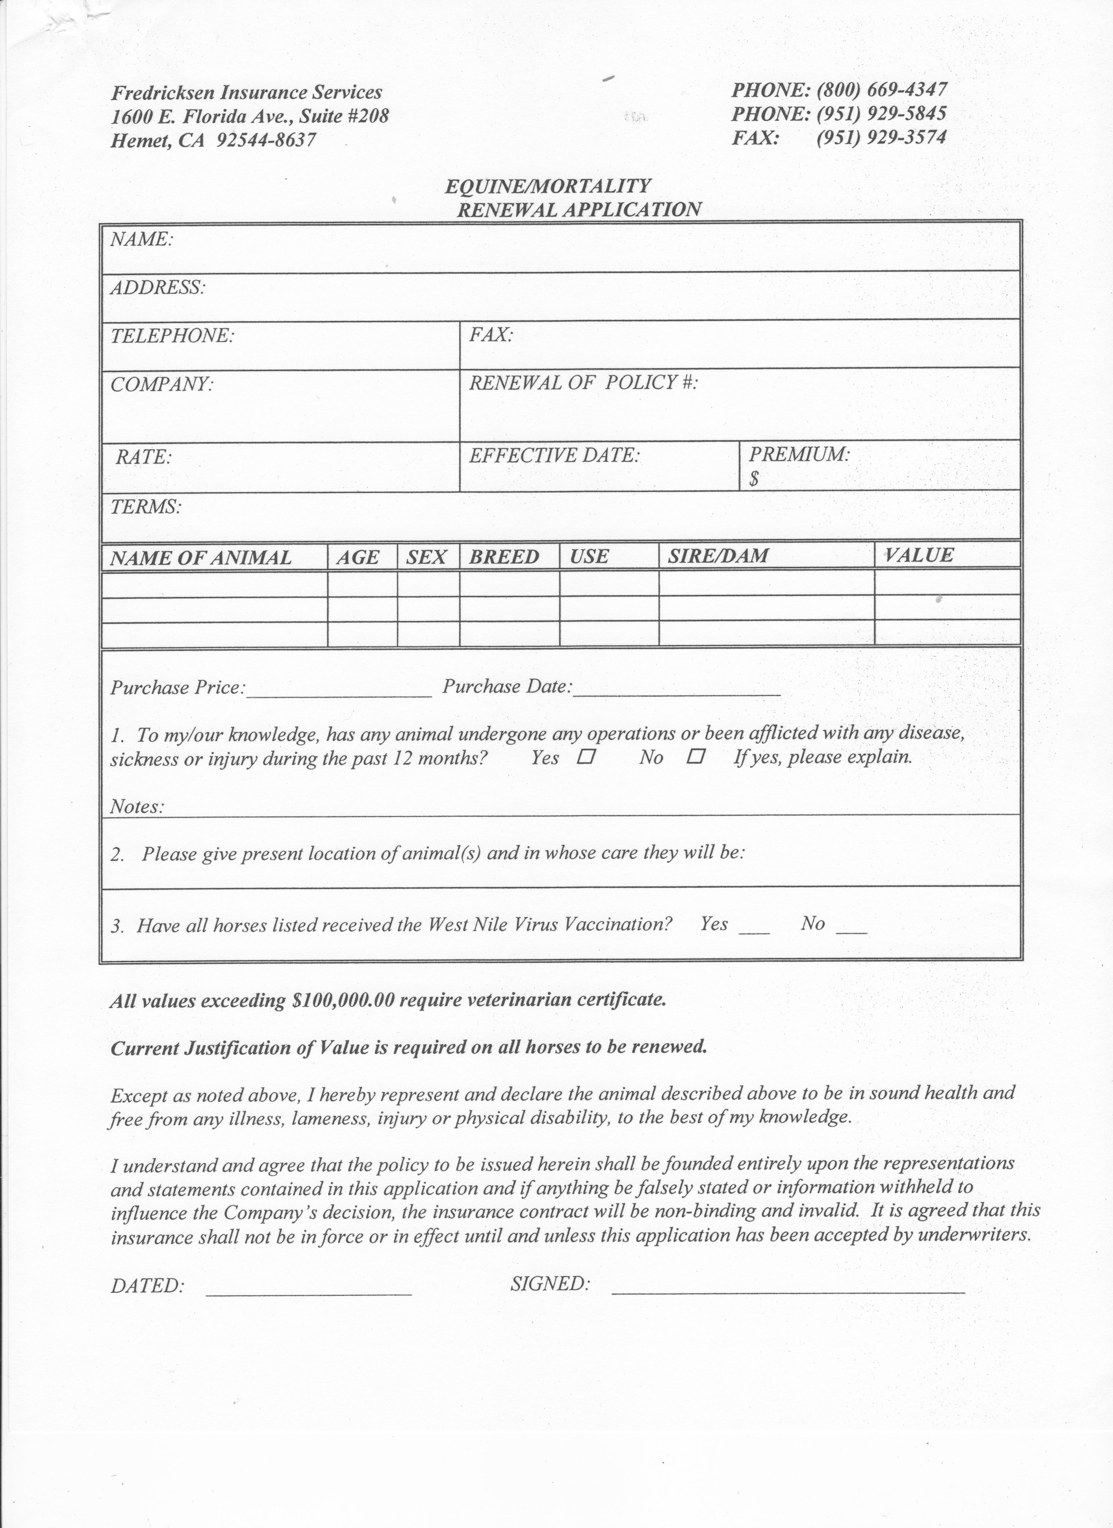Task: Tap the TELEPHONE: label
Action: click(172, 335)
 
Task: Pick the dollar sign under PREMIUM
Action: click(754, 479)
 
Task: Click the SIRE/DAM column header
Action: click(718, 556)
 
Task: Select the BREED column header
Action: click(504, 556)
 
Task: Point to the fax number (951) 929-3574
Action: click(881, 137)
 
